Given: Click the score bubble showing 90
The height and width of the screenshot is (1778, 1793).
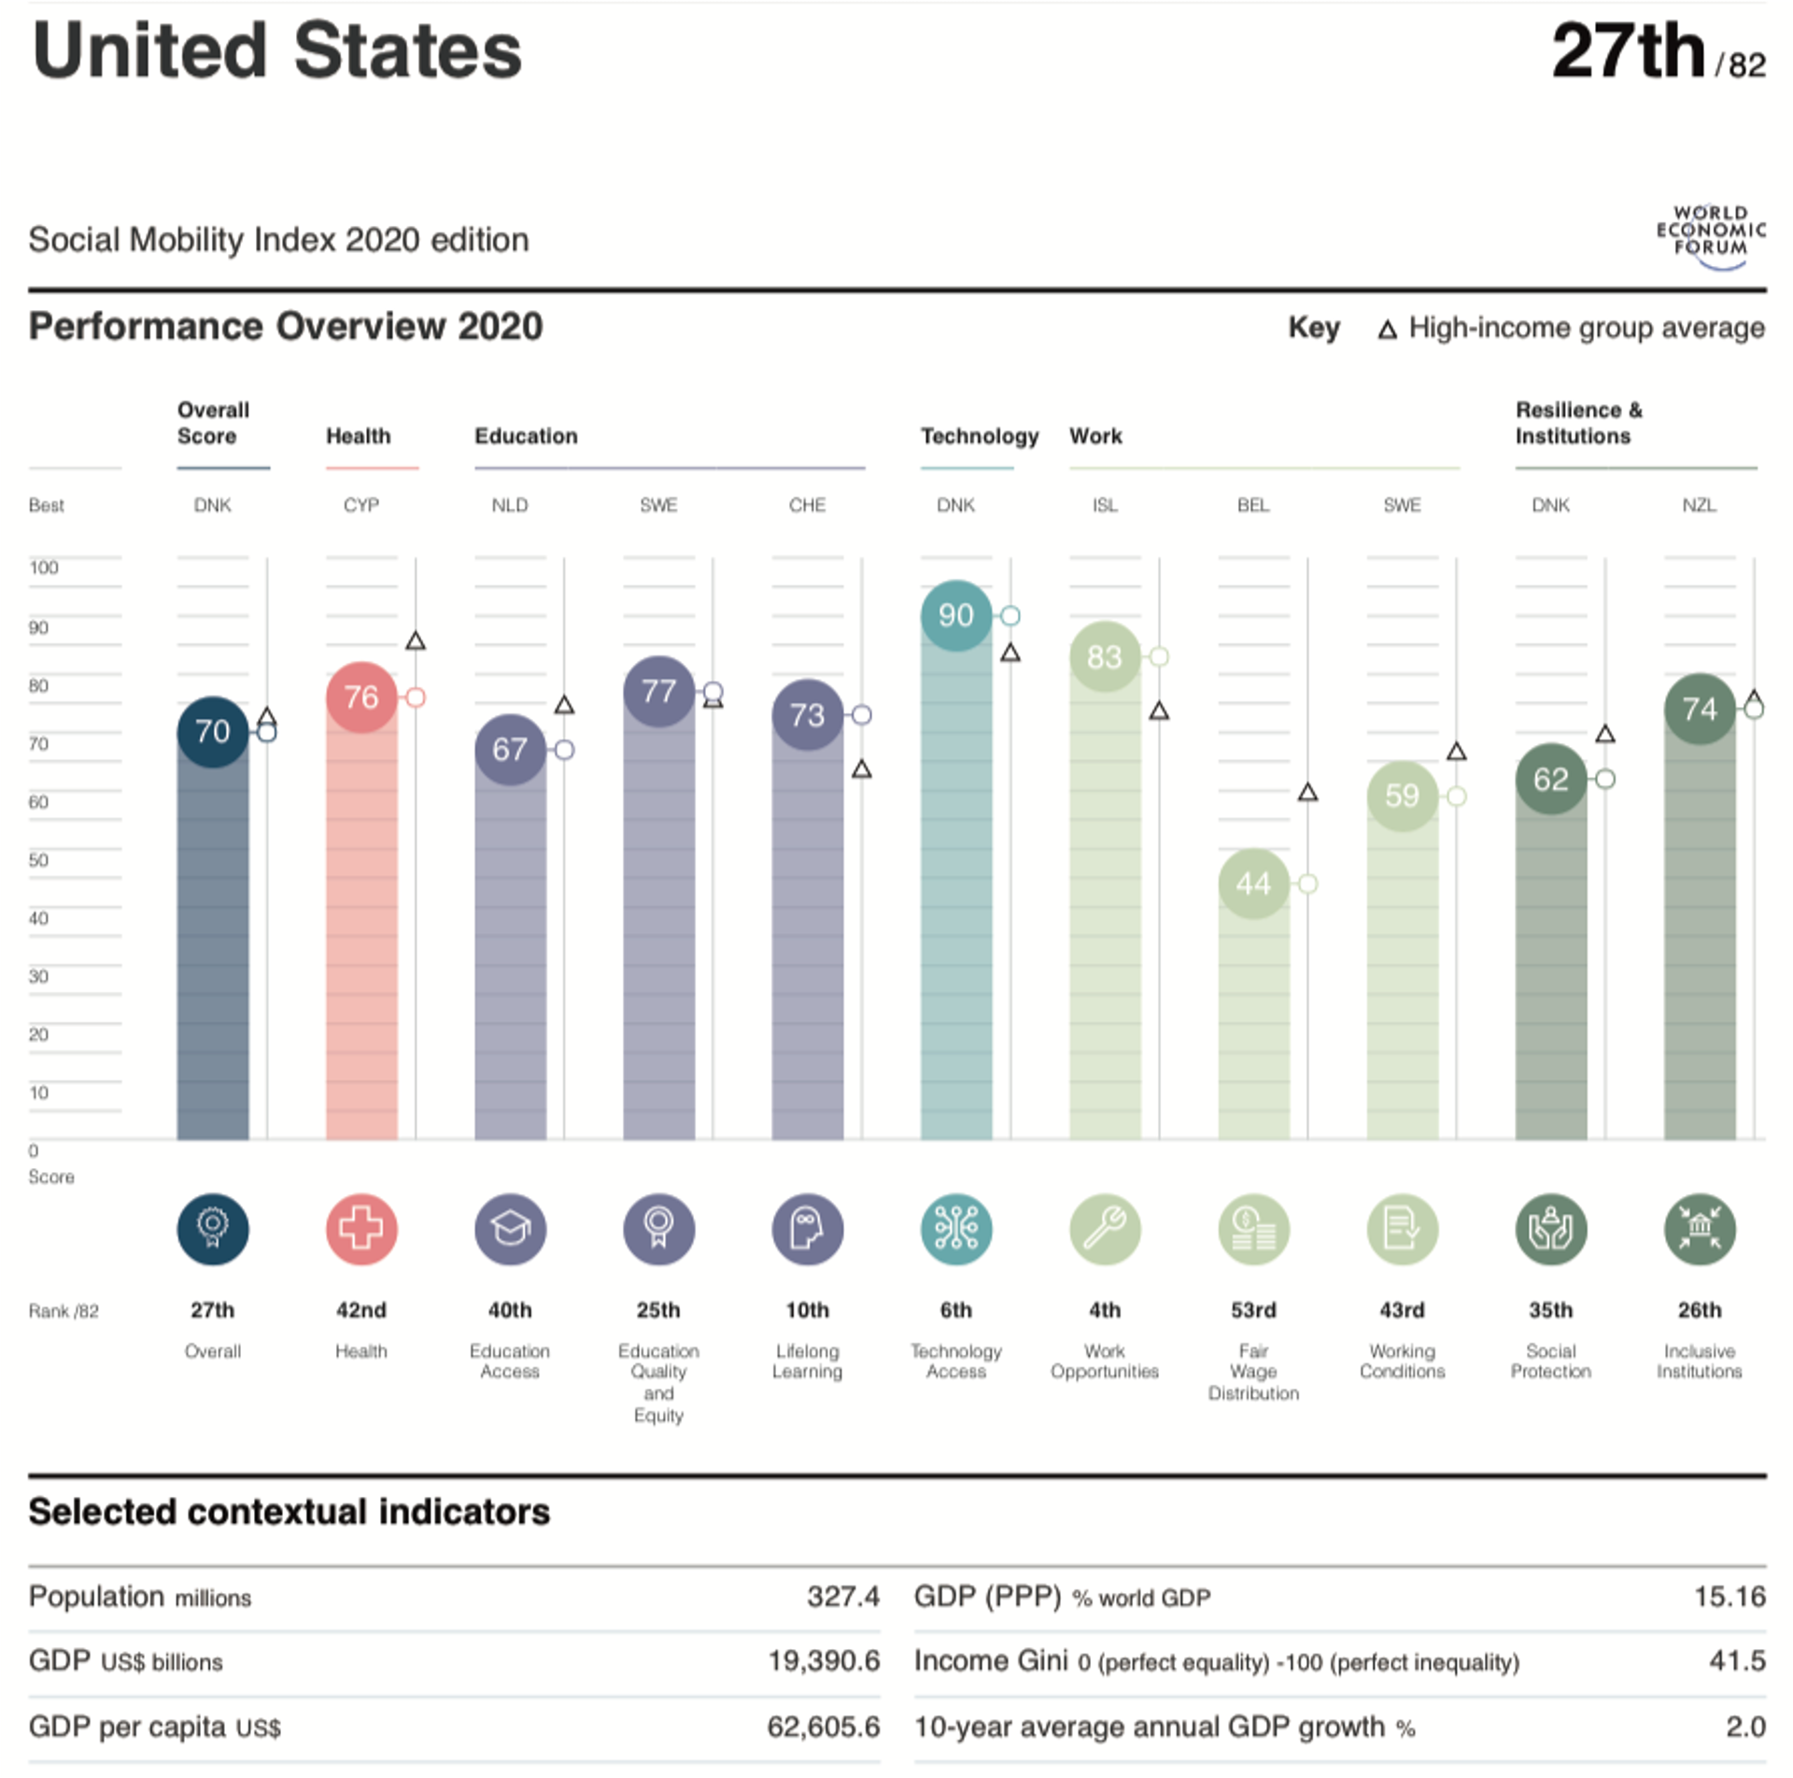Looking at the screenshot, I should (x=955, y=615).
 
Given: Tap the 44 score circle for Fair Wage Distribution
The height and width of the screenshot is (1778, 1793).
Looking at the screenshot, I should (x=1253, y=883).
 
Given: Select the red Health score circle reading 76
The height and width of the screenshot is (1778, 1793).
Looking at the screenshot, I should (x=361, y=697).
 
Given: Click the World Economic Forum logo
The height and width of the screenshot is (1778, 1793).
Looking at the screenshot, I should (x=1711, y=236).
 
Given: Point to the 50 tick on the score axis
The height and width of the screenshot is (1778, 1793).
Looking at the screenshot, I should (x=38, y=860).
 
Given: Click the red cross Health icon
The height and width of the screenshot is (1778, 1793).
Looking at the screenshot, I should (x=361, y=1229).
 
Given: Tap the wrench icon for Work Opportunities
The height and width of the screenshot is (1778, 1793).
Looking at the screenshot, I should (x=1105, y=1229).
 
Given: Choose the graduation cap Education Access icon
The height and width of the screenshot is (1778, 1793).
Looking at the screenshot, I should (x=510, y=1229).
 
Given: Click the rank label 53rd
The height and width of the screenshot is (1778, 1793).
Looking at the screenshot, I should (x=1253, y=1310).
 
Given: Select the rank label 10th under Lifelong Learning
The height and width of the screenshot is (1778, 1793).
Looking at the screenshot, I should (x=807, y=1310).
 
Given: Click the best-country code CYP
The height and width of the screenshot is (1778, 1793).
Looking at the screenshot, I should (x=361, y=505).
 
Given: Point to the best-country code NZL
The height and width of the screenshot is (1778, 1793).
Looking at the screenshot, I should (x=1699, y=505).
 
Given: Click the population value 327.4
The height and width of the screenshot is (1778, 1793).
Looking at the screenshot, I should (x=842, y=1596).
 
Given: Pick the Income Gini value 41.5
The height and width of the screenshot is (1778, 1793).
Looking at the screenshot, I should (x=1737, y=1660).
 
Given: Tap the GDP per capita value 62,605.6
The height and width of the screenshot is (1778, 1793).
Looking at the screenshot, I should (x=823, y=1727).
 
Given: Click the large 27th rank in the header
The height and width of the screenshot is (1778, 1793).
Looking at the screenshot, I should (x=1629, y=51).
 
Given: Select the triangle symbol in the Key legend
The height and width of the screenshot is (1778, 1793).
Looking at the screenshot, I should (x=1388, y=330).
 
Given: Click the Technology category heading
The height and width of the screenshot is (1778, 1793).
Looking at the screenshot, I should (x=979, y=436).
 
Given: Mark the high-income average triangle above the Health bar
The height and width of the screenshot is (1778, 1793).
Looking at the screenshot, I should (x=416, y=641).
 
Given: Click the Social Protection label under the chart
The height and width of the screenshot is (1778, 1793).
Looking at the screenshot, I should (x=1550, y=1361).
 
